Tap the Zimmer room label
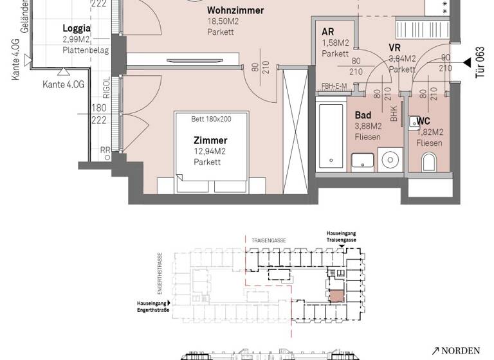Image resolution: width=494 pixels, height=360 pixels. coord(210,140)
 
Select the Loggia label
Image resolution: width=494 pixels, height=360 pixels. coord(77,28)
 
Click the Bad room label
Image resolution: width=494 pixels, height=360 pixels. coord(362,116)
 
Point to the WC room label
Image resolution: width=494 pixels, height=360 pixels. coord(423,122)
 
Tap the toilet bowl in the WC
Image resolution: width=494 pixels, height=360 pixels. coord(429,162)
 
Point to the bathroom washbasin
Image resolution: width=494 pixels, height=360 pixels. coord(363,161)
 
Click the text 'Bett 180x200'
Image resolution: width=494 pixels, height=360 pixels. coord(210,119)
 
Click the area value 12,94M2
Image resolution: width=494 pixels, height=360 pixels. coord(210,151)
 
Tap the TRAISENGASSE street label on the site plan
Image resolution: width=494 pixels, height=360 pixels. coord(269,240)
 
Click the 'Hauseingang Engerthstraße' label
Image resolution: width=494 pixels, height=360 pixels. coord(152,305)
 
